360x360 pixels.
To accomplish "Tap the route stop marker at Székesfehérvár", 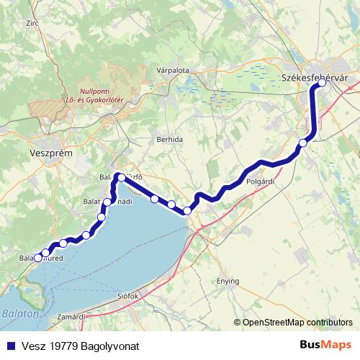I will [322, 83].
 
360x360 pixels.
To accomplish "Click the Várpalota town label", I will [172, 71].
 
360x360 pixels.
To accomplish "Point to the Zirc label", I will [32, 24].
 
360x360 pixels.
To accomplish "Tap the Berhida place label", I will [170, 139].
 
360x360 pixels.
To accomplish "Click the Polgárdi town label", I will [261, 182].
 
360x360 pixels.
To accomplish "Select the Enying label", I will [228, 281].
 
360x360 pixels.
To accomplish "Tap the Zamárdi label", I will [72, 317].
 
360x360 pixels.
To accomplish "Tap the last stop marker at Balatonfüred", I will [38, 258].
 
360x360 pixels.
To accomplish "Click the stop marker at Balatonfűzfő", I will [121, 177].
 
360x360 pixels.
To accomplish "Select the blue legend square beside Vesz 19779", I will [9, 346].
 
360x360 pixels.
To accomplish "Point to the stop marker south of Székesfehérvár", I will [303, 143].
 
